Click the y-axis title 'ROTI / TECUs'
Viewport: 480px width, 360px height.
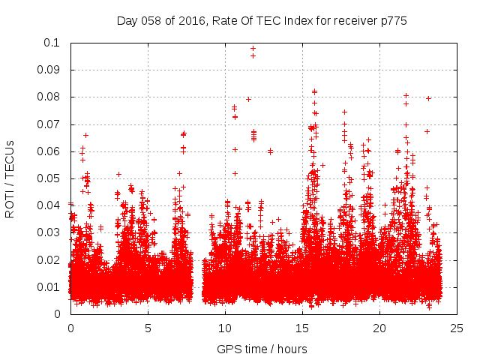point(10,178)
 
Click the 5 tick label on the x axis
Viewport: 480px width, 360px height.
point(148,328)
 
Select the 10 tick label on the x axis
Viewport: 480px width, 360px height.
point(225,328)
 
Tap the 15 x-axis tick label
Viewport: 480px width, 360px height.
point(302,328)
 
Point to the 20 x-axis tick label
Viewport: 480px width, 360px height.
point(379,328)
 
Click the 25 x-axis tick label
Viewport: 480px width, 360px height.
point(457,328)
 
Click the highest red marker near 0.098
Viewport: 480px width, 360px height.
point(253,48)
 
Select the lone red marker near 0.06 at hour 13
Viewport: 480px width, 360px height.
point(270,151)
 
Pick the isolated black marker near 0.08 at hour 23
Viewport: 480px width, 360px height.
point(428,98)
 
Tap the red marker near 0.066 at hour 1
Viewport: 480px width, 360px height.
point(86,135)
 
